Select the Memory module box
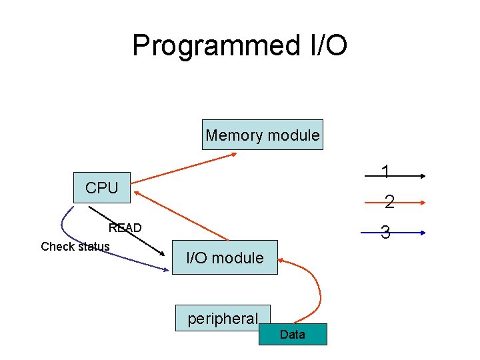263,135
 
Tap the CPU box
101,188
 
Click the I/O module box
225,257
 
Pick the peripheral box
222,318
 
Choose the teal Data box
293,334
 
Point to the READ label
125,228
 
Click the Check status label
75,247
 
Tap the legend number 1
385,173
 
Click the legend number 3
385,233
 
